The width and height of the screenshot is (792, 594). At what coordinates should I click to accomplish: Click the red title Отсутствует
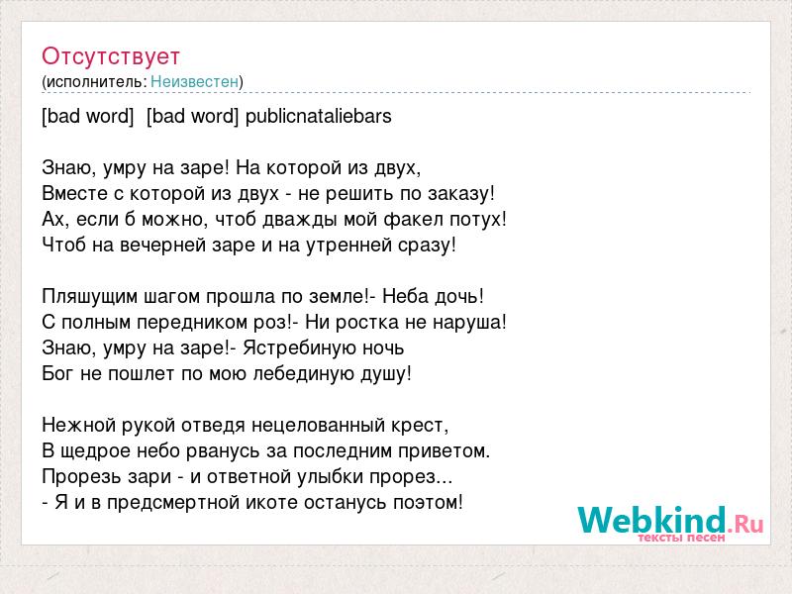point(111,56)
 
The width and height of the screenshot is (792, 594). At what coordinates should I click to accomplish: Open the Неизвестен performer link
point(194,81)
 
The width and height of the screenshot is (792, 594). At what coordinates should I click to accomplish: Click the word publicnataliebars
point(318,116)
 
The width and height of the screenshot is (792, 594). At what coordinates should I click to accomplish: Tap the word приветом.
point(445,451)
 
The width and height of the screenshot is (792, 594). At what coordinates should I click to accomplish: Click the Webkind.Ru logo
point(670,521)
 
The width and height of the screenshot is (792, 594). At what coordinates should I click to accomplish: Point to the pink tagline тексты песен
point(681,538)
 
